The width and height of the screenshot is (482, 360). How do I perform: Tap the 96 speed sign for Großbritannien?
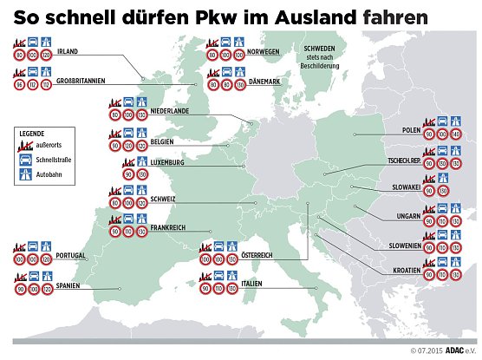[18, 85]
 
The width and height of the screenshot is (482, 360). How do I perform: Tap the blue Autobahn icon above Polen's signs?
[455, 121]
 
